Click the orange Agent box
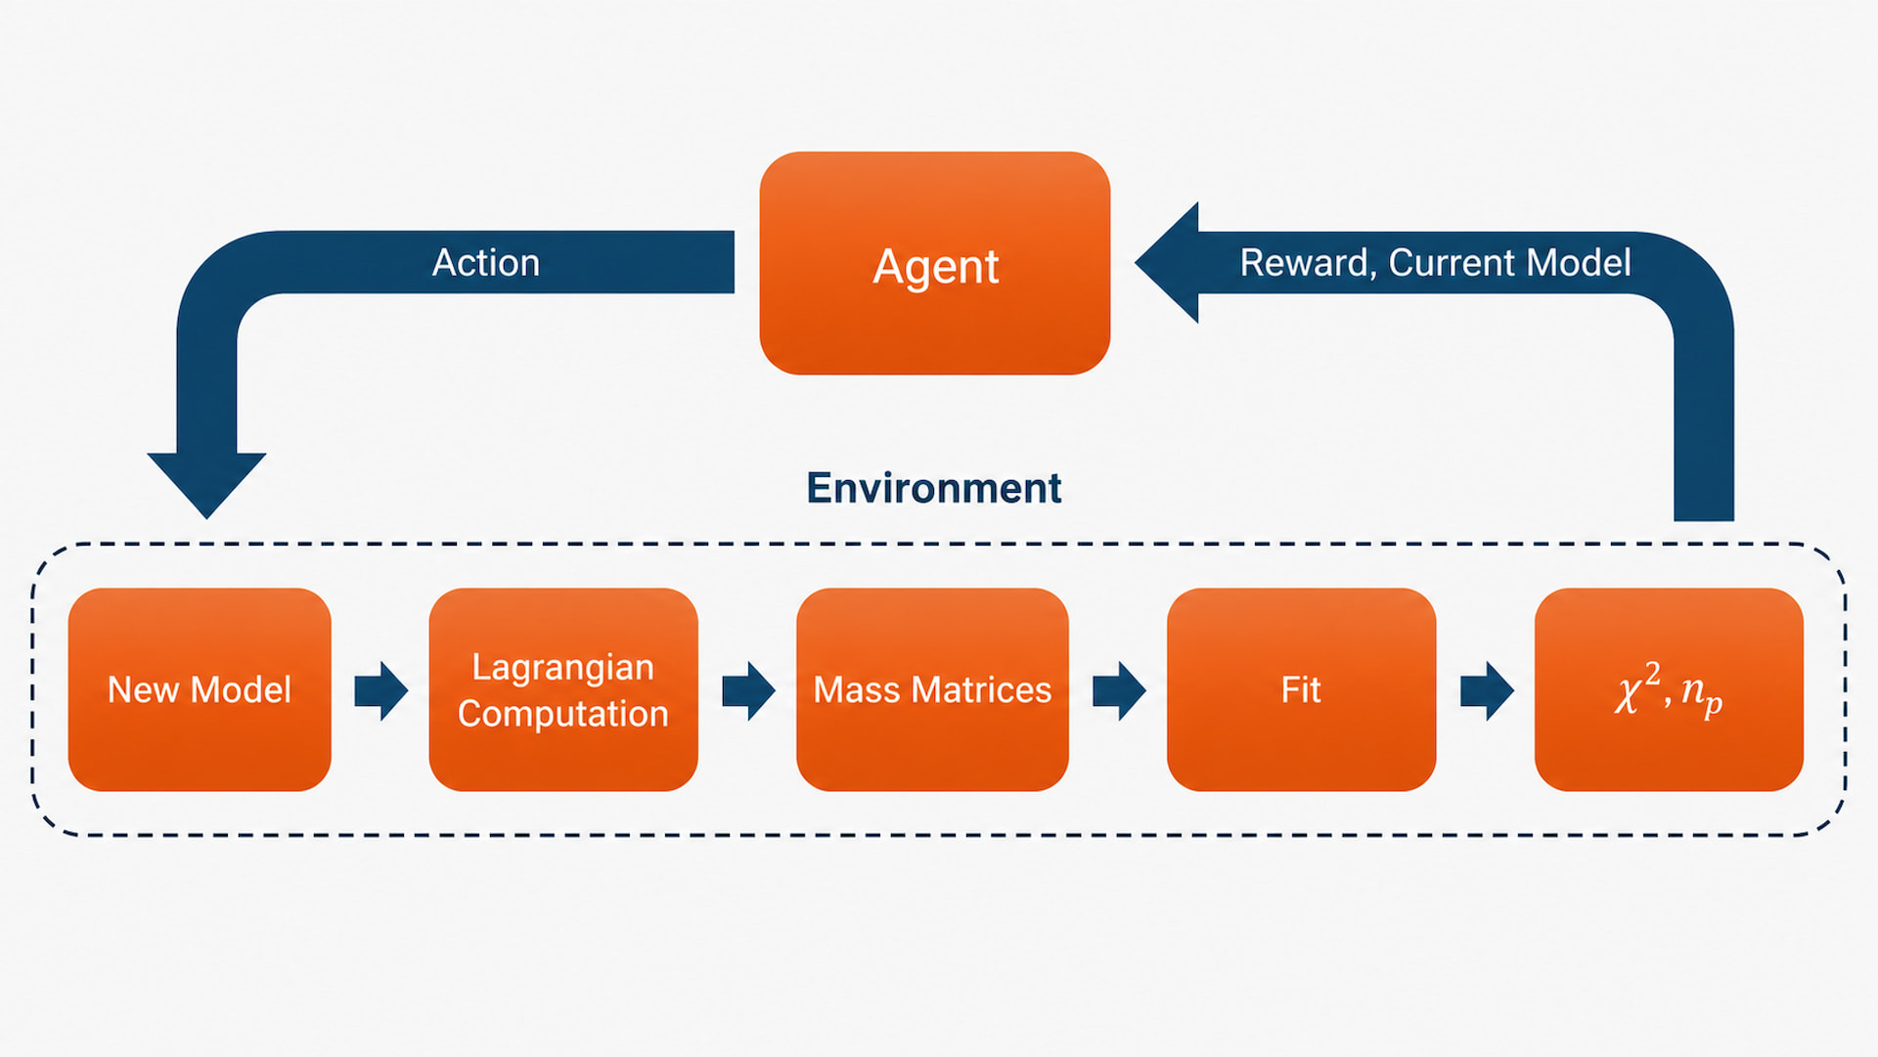(x=935, y=263)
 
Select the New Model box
(x=200, y=689)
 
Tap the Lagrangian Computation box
(x=563, y=689)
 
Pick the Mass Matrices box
(x=932, y=689)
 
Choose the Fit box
(x=1301, y=689)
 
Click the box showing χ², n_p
(x=1669, y=689)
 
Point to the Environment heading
(x=933, y=488)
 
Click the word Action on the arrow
(x=486, y=263)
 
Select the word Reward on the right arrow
(x=1308, y=264)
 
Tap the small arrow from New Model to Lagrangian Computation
(x=380, y=690)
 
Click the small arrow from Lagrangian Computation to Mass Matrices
(x=748, y=690)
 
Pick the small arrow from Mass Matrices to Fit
(x=1119, y=690)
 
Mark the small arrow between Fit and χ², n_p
(x=1487, y=690)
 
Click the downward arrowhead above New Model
(x=206, y=484)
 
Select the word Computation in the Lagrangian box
(x=563, y=715)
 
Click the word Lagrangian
(x=563, y=668)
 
